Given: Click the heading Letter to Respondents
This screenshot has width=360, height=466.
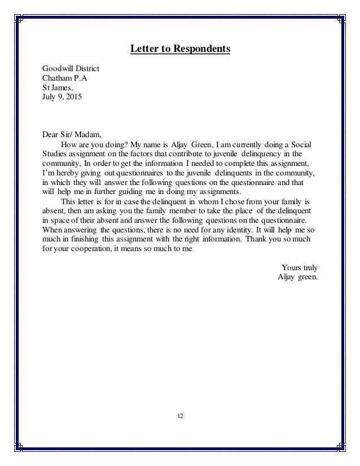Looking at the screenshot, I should (x=180, y=49).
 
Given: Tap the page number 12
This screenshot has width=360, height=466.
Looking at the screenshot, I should (x=180, y=416).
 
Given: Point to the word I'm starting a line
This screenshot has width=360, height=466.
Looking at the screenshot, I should (x=49, y=172).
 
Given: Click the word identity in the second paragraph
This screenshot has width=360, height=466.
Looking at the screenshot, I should (x=231, y=230).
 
